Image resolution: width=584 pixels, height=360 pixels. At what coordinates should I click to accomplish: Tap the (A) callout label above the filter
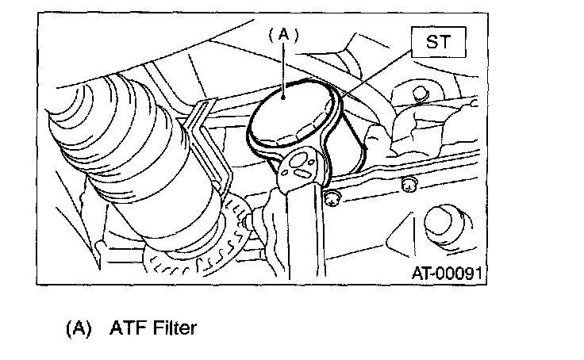283,34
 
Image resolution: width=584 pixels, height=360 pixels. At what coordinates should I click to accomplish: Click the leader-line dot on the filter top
284,95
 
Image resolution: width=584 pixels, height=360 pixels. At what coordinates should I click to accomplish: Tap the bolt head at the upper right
418,94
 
